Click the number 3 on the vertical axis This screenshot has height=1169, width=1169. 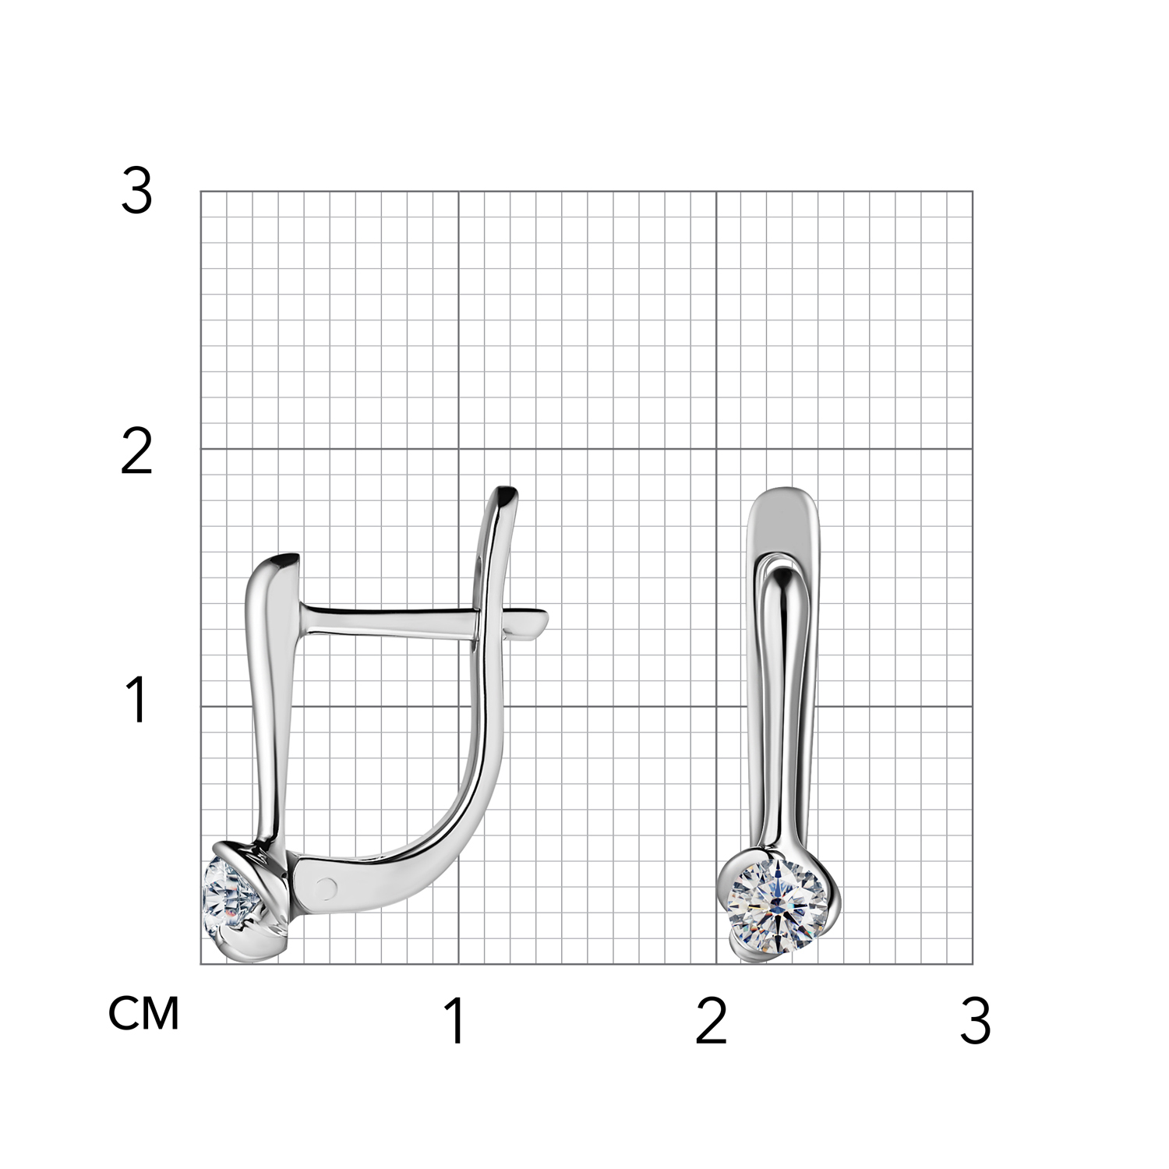point(136,192)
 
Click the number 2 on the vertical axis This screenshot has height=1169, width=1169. point(136,453)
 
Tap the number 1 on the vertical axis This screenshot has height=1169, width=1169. point(137,700)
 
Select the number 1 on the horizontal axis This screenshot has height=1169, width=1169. point(455,1021)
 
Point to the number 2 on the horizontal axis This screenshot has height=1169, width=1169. point(711,1021)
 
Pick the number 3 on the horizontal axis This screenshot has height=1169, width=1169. point(975,1021)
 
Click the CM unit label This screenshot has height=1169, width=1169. point(144,1013)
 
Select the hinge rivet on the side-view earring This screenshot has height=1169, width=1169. point(328,886)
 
